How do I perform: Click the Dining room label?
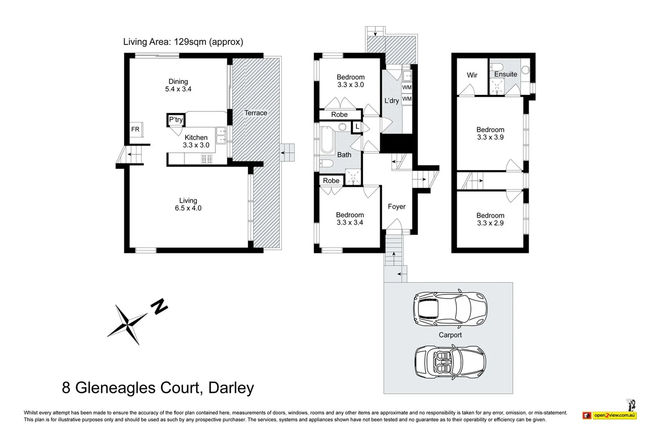[178, 85]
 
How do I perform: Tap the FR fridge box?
[136, 129]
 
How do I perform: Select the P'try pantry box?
[176, 120]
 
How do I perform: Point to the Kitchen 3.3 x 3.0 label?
[196, 141]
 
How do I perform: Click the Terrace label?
[255, 113]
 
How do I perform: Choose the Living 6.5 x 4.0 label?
[188, 205]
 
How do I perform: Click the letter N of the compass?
[159, 307]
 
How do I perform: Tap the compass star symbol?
[127, 324]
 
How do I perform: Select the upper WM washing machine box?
[407, 87]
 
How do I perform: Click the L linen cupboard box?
[357, 127]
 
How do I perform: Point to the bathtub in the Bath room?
[327, 140]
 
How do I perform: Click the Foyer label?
[397, 207]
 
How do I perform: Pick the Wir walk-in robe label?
[472, 75]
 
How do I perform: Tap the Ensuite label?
[506, 74]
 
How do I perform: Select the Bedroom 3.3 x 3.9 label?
[490, 134]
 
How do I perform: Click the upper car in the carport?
[450, 309]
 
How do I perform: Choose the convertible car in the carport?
[450, 362]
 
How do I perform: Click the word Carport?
[450, 335]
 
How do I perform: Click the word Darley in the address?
[231, 388]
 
